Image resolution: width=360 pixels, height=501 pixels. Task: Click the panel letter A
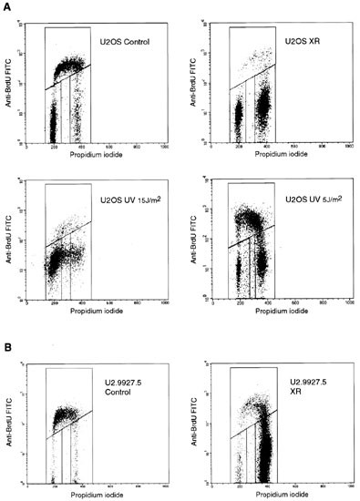tap(6, 7)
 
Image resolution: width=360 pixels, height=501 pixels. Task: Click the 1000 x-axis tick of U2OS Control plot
tap(164, 147)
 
